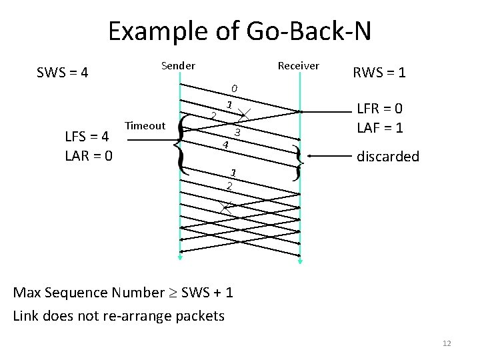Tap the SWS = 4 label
click(x=63, y=72)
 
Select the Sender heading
click(x=178, y=65)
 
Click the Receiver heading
click(x=298, y=65)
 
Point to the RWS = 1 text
click(x=379, y=72)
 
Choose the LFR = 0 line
click(x=380, y=109)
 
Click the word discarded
click(x=388, y=157)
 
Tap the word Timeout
click(x=145, y=125)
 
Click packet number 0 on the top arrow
click(x=234, y=89)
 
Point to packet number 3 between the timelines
click(x=236, y=133)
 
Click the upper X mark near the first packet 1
click(x=244, y=114)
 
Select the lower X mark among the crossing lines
click(x=227, y=207)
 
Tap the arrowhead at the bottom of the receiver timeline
click(x=301, y=261)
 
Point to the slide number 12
click(x=447, y=343)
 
